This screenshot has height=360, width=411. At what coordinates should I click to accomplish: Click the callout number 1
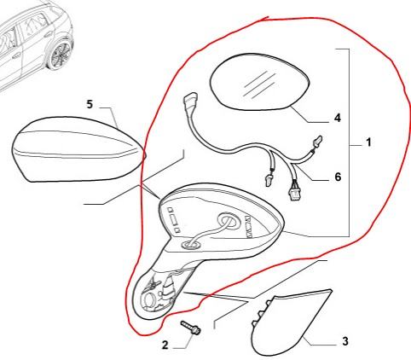368,142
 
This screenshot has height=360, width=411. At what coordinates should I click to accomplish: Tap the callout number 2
165,345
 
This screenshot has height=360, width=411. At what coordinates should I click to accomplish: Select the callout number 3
344,341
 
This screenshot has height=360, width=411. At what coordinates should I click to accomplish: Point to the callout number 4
338,118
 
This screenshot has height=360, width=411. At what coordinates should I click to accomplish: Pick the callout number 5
90,104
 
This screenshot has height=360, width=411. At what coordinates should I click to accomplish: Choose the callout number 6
338,177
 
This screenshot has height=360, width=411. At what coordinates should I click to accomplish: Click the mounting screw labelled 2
190,327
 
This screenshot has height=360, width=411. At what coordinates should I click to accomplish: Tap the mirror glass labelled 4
259,82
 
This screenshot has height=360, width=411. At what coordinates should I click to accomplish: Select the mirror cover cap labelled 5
78,148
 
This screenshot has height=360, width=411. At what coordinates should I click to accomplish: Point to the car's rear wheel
60,55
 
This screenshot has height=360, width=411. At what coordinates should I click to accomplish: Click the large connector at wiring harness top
190,102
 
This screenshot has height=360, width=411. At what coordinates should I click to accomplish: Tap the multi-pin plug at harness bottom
294,195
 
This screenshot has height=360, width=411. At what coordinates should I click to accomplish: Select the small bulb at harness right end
317,141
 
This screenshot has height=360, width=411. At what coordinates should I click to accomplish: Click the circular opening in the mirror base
149,300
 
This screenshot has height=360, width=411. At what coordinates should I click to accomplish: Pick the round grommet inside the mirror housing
229,221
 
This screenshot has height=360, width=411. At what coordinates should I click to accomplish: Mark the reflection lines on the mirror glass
259,84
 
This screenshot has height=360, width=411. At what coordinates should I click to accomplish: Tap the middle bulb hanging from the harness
268,180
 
